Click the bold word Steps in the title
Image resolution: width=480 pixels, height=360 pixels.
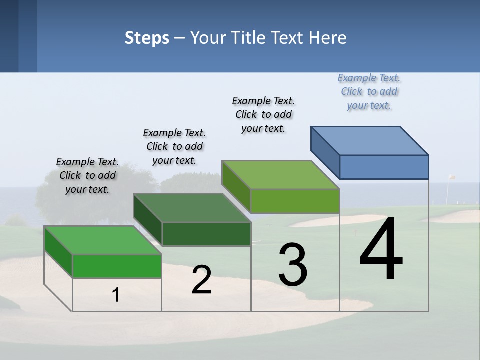(x=147, y=38)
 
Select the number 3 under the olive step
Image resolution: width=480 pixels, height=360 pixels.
(x=293, y=265)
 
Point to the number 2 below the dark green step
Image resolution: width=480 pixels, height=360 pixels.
(x=202, y=280)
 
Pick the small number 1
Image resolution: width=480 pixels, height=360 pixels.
(x=116, y=295)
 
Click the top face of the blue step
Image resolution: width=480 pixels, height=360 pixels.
(x=370, y=140)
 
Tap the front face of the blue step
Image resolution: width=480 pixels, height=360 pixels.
(x=384, y=167)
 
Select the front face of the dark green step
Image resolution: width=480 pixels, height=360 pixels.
(x=206, y=234)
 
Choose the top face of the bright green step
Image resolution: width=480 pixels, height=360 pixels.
(x=103, y=240)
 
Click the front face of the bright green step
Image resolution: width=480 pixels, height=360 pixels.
(x=117, y=266)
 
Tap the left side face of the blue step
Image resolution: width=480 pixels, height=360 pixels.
(x=325, y=151)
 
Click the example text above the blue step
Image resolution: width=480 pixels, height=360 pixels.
(x=369, y=92)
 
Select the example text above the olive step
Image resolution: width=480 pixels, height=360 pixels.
(x=263, y=114)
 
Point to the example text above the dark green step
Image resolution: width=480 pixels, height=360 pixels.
(x=174, y=146)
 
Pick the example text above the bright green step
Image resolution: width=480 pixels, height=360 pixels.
(x=87, y=175)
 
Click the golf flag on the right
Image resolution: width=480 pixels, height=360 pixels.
(x=451, y=177)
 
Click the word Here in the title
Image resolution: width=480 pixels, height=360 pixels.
(x=327, y=38)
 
